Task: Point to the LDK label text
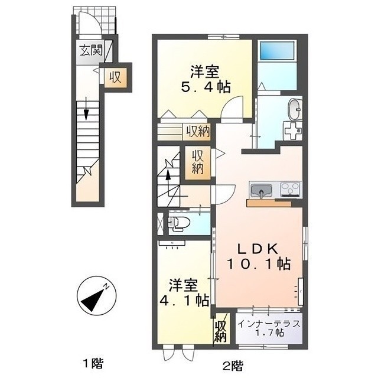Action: (258, 248)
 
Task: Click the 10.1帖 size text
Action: (258, 263)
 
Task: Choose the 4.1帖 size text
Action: (183, 299)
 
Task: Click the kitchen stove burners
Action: (290, 190)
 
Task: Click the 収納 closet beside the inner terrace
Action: (221, 330)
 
